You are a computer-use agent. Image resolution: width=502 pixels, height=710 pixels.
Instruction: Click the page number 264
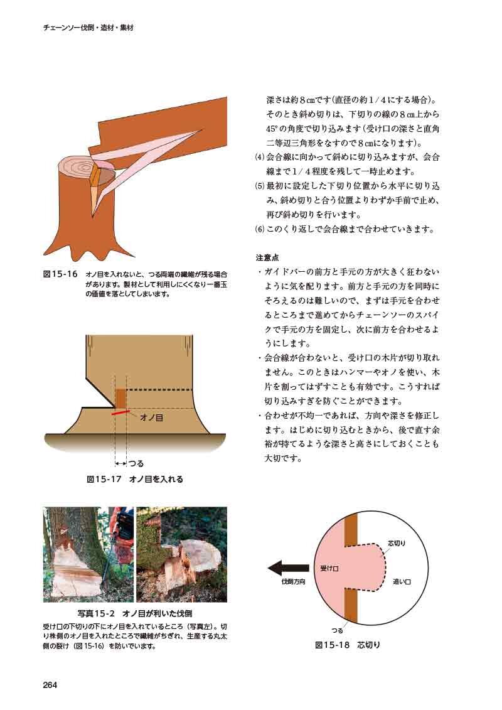50,685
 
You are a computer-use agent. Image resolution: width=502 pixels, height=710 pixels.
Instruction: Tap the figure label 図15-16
61,274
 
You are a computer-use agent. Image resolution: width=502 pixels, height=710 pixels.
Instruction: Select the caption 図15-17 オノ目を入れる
135,479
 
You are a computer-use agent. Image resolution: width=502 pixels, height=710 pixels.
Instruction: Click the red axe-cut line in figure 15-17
121,412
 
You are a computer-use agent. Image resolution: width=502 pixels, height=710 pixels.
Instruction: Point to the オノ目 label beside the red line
152,417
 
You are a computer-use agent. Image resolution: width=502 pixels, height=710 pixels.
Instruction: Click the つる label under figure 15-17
136,463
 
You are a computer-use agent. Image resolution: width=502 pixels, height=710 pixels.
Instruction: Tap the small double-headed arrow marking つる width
120,463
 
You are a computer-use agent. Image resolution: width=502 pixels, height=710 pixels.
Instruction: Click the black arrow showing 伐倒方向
289,567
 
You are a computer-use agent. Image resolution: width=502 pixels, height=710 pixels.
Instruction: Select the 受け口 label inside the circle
329,568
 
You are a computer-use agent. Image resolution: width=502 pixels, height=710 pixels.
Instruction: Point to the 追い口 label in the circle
402,581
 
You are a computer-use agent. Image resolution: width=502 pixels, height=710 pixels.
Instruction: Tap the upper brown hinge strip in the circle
351,530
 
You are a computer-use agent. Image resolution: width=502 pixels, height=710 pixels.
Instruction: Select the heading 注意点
267,257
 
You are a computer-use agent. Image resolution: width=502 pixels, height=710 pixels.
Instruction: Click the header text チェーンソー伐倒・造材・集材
88,28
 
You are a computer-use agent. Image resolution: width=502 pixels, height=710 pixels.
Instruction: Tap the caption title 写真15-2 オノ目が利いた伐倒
135,613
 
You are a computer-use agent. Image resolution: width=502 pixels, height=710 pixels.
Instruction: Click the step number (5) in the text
260,186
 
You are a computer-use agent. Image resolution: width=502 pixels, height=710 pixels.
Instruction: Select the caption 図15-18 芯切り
348,645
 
